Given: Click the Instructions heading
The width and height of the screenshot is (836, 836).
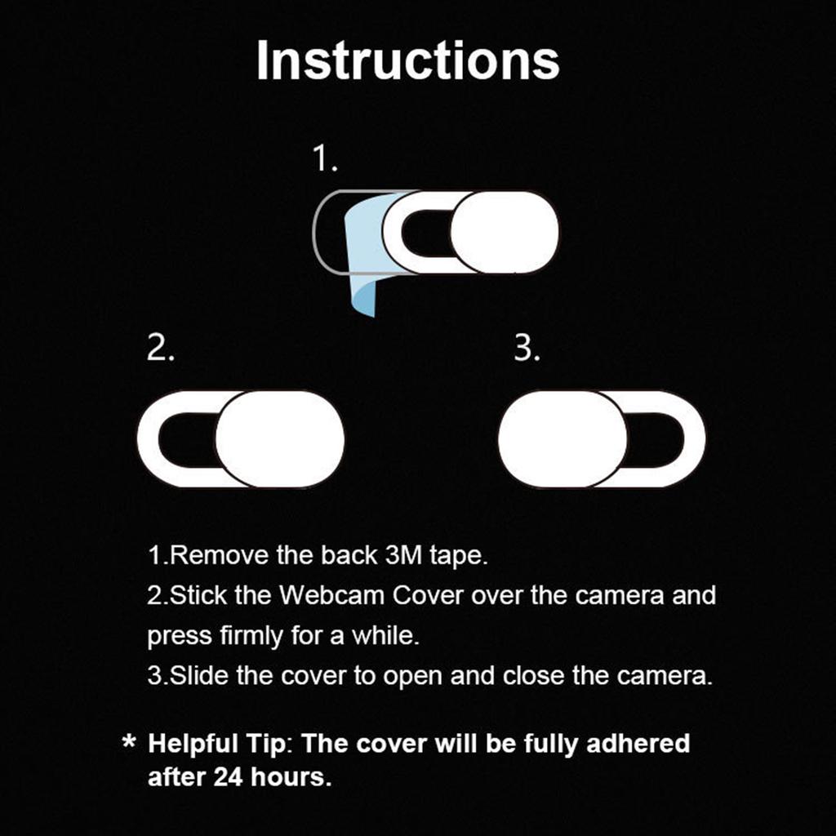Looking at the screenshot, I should pyautogui.click(x=407, y=60).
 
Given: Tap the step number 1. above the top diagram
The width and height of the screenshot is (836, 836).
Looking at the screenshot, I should pyautogui.click(x=326, y=159).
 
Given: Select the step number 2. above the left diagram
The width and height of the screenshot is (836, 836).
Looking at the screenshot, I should pyautogui.click(x=161, y=349).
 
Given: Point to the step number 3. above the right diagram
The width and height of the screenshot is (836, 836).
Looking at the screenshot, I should pyautogui.click(x=527, y=349).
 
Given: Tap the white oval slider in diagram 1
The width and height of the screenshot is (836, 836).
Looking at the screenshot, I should pyautogui.click(x=505, y=233).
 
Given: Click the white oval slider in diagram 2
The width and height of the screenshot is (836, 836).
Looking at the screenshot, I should pyautogui.click(x=280, y=439).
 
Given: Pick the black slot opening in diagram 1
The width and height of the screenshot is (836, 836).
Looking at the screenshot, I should pyautogui.click(x=425, y=233).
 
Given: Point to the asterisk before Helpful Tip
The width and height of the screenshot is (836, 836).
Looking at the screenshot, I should pyautogui.click(x=128, y=745).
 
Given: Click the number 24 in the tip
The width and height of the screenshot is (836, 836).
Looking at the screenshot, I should pyautogui.click(x=229, y=776).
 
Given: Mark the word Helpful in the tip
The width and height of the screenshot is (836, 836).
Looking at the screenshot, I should pyautogui.click(x=193, y=744).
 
